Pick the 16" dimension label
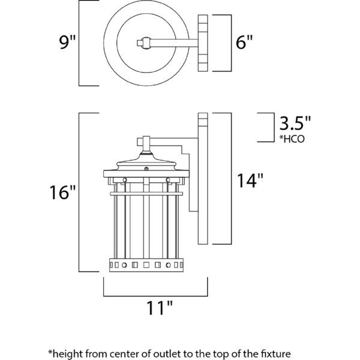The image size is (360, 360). (63, 193)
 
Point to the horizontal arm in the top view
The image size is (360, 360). (174, 43)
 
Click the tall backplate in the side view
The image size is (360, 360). (203, 180)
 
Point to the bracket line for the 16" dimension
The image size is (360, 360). (83, 192)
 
